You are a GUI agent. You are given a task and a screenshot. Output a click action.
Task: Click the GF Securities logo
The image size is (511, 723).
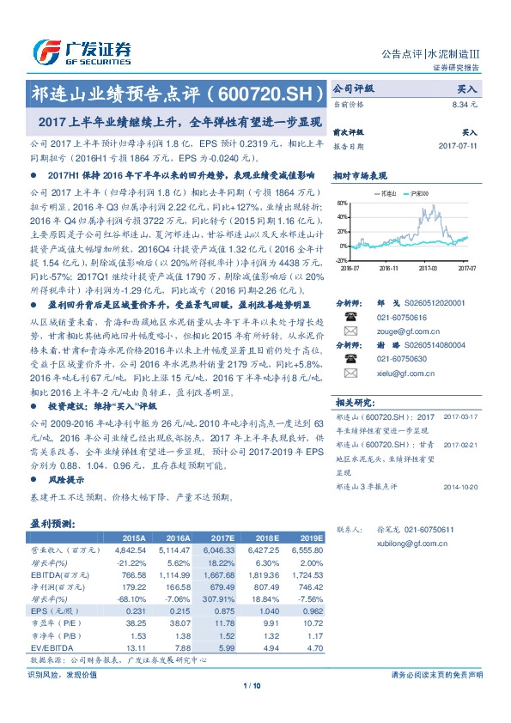coord(82,52)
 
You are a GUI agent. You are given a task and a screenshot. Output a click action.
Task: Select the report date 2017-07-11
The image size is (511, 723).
coord(459,146)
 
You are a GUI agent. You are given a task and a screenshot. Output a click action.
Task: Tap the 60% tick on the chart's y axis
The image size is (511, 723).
coord(343,204)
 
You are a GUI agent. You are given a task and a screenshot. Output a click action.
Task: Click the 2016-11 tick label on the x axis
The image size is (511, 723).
coord(390,268)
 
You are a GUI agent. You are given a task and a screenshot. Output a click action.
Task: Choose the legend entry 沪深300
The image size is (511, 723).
coord(421,195)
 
